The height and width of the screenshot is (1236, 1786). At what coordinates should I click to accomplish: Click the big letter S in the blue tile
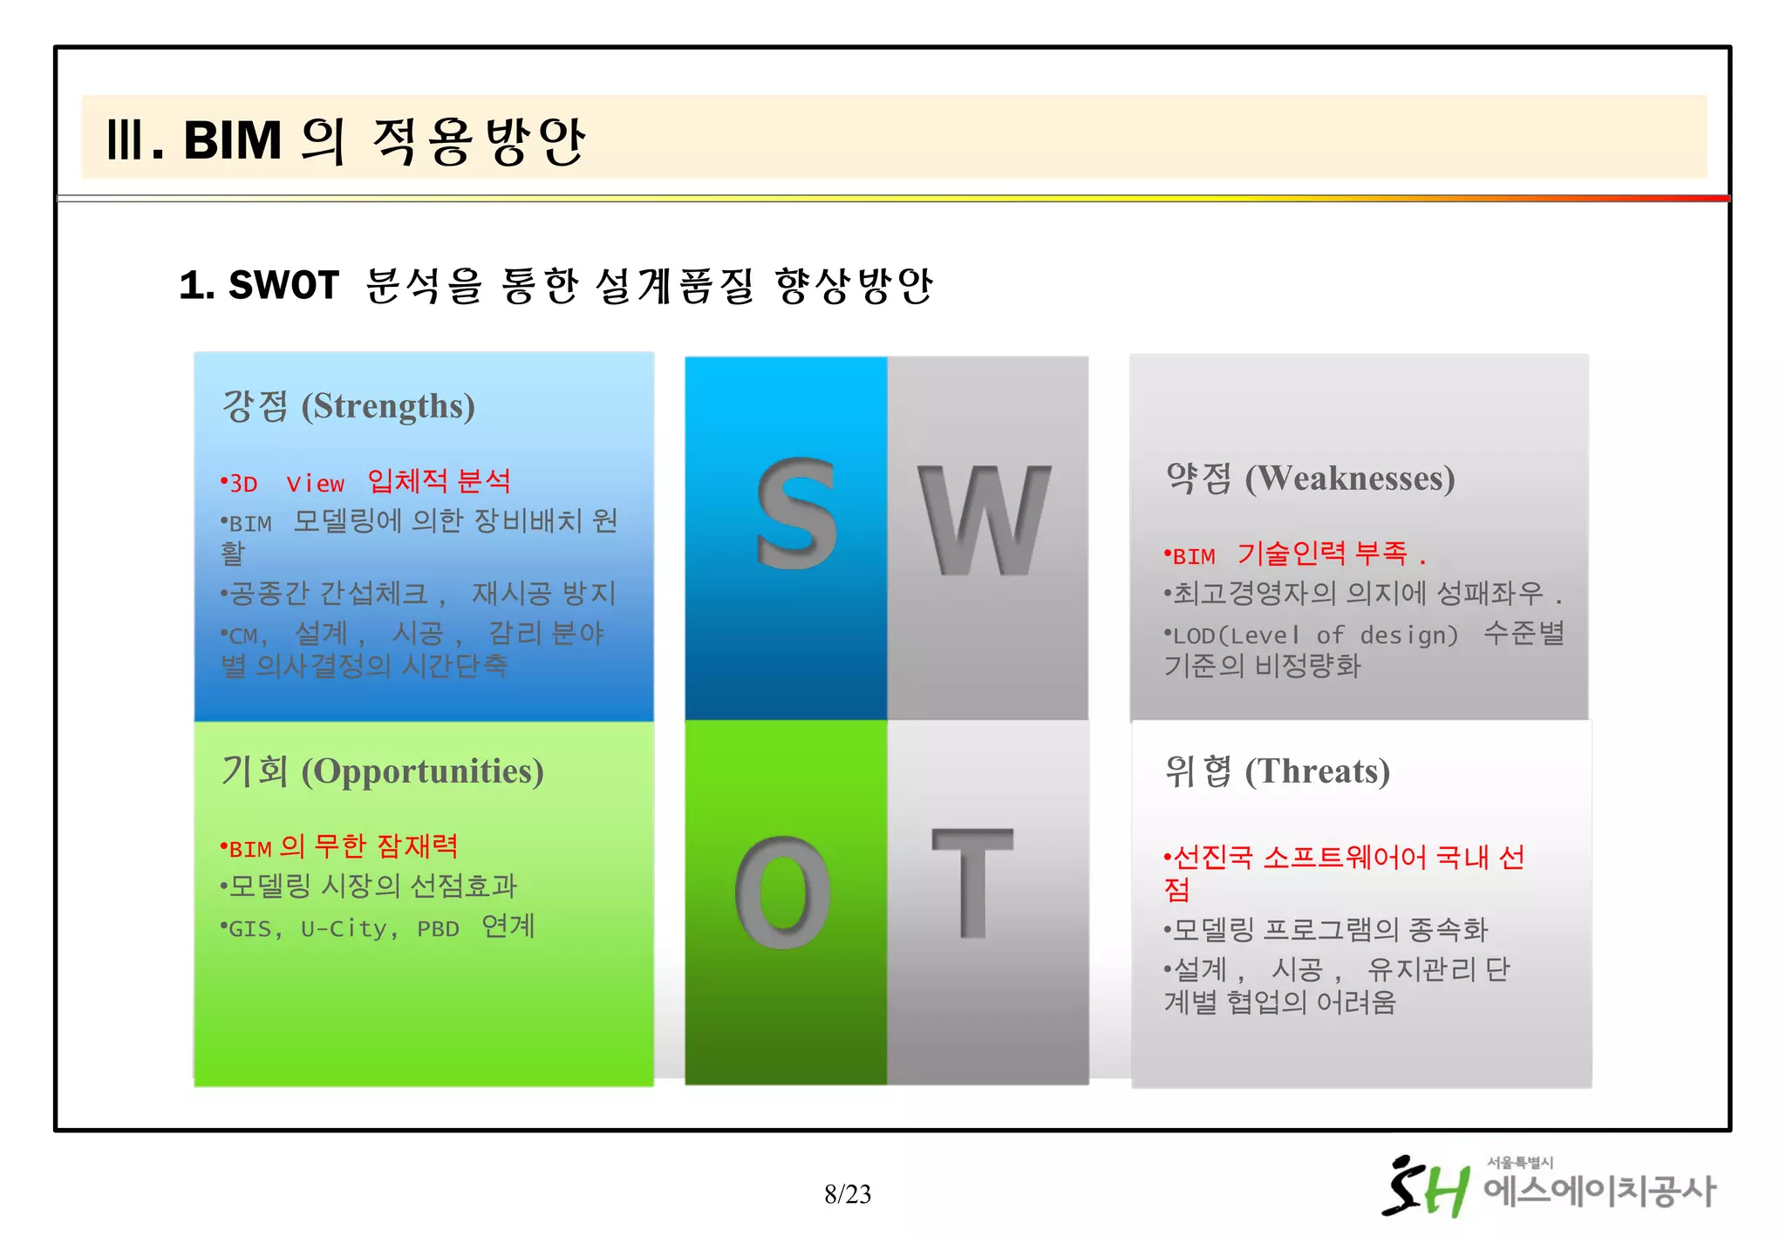pyautogui.click(x=796, y=514)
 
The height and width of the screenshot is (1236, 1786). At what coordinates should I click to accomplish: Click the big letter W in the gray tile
pyautogui.click(x=984, y=520)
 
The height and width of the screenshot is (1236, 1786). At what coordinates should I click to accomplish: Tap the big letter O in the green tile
pyautogui.click(x=782, y=893)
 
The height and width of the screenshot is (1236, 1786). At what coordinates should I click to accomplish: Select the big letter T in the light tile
pyautogui.click(x=972, y=882)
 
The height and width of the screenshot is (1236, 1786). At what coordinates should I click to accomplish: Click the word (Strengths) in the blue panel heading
pyautogui.click(x=388, y=407)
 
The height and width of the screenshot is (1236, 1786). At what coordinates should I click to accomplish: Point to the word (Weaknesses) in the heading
pyautogui.click(x=1349, y=479)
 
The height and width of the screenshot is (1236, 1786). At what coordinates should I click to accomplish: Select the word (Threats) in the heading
pyautogui.click(x=1317, y=772)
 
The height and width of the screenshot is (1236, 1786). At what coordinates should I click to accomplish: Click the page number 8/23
pyautogui.click(x=848, y=1193)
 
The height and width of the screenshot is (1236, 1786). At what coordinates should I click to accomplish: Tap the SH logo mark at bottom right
pyautogui.click(x=1425, y=1187)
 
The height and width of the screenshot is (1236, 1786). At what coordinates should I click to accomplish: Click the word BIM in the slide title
pyautogui.click(x=232, y=140)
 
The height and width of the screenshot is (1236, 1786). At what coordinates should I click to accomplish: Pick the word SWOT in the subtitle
pyautogui.click(x=283, y=286)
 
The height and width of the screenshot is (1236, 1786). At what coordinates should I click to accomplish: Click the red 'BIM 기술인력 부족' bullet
pyautogui.click(x=1291, y=554)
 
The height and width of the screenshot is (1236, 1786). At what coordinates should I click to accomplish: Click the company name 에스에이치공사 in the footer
pyautogui.click(x=1599, y=1192)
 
